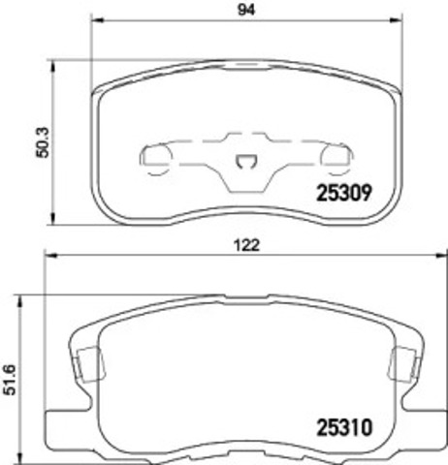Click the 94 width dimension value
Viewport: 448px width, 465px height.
(246, 10)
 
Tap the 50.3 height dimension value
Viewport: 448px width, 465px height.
(43, 142)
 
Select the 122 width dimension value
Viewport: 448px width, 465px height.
(246, 245)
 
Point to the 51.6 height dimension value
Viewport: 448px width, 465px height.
(9, 380)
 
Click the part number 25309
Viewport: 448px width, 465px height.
(344, 193)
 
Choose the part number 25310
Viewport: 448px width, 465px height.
(344, 427)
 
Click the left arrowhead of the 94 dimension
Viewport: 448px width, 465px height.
(97, 20)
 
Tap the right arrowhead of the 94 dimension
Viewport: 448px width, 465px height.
(397, 20)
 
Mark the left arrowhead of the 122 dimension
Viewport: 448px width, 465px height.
(52, 256)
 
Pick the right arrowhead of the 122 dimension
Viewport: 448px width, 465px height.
(442, 256)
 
